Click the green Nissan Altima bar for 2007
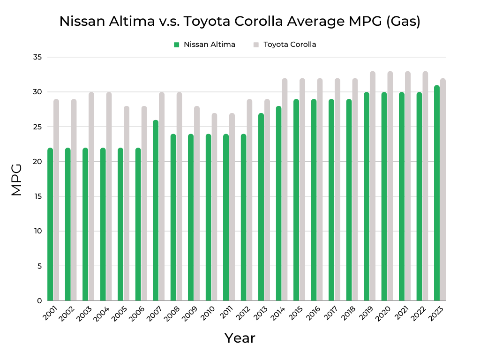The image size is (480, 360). pyautogui.click(x=156, y=211)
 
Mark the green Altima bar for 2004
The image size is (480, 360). pyautogui.click(x=103, y=225)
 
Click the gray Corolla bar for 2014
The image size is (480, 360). pyautogui.click(x=285, y=190)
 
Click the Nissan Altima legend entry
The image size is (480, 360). pyautogui.click(x=205, y=45)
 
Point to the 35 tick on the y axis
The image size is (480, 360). pyautogui.click(x=37, y=57)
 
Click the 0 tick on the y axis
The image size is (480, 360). pyautogui.click(x=39, y=301)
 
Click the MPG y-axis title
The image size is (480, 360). pyautogui.click(x=16, y=179)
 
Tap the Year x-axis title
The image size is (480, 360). pyautogui.click(x=240, y=338)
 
